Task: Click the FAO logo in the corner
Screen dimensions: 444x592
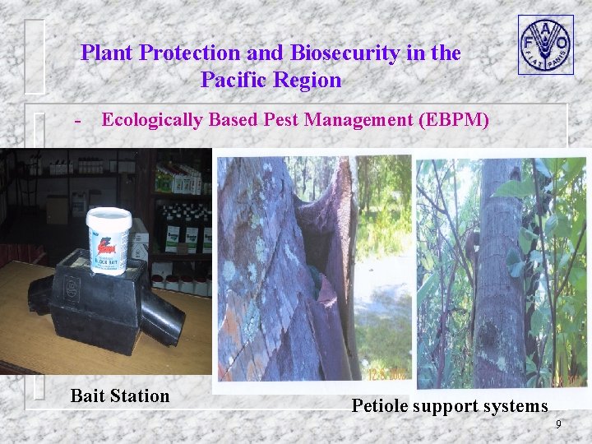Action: pos(544,44)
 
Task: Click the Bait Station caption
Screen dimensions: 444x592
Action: pos(120,395)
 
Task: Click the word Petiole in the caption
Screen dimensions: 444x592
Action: pos(382,405)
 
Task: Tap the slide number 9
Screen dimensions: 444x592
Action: pos(558,424)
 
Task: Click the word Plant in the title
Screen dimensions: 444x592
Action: pos(108,53)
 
